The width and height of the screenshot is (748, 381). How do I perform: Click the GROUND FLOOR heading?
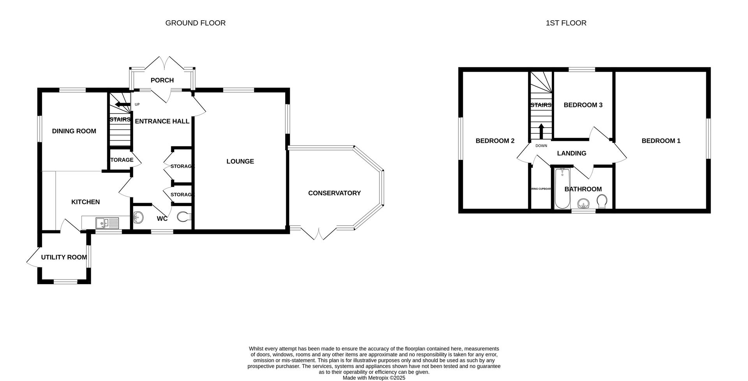click(x=195, y=23)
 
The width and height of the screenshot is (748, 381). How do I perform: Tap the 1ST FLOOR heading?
click(x=566, y=23)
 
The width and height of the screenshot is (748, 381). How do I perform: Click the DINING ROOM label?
click(x=74, y=131)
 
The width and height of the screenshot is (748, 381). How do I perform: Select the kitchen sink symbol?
click(x=107, y=223)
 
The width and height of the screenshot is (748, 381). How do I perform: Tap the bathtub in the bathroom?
click(x=562, y=188)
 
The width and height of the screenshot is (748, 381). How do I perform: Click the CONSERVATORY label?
click(x=334, y=193)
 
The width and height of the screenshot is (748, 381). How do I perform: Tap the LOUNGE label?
click(x=240, y=162)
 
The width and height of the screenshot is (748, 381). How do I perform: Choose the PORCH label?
click(x=162, y=80)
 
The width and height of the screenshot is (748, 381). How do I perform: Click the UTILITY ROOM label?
click(x=64, y=257)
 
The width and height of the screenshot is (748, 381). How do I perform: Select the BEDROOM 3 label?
click(x=583, y=105)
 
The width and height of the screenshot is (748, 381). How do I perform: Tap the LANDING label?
click(x=572, y=153)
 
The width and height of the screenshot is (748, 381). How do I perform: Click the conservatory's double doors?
click(x=319, y=233)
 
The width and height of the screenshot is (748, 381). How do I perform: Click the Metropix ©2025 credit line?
click(x=374, y=377)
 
